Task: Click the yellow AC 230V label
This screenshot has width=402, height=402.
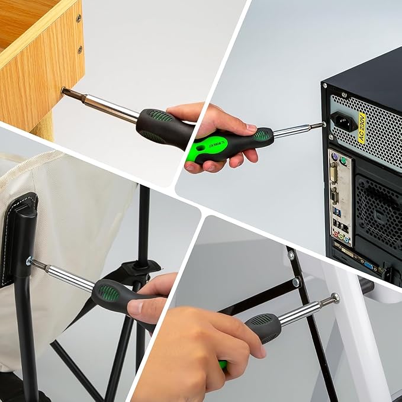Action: click(362, 129)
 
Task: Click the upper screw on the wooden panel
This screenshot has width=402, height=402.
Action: click(79, 19)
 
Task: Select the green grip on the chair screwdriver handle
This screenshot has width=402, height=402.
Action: click(108, 292)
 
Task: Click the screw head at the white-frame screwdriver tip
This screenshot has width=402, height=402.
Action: click(335, 298)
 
